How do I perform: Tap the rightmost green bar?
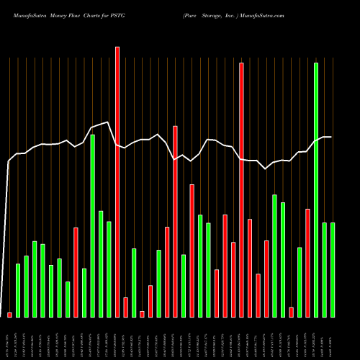tap(333, 269)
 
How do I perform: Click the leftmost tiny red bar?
tap(9, 315)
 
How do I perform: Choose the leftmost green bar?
tap(18, 290)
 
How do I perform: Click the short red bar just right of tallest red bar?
tap(125, 307)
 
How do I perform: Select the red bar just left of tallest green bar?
tap(307, 263)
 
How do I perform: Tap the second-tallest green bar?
tap(93, 225)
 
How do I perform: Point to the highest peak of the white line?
tap(107, 122)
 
